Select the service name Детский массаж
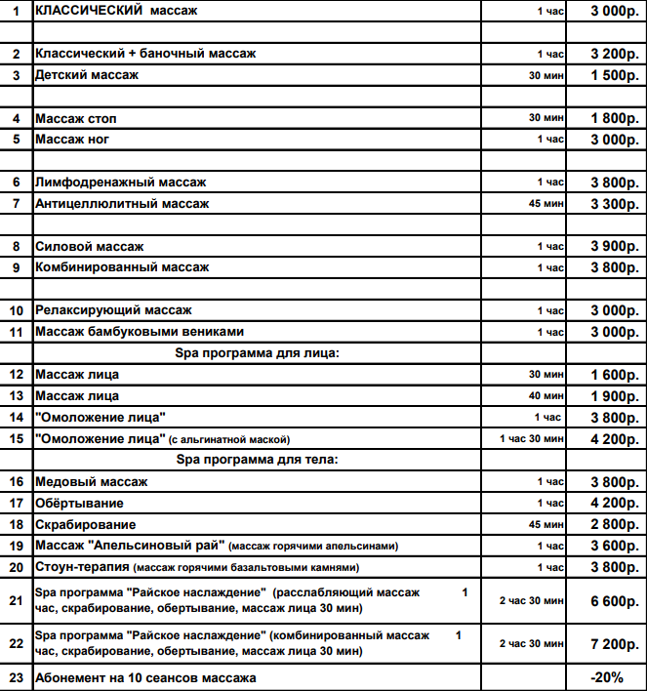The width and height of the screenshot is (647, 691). coord(87,75)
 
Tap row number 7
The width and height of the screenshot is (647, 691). coord(16,204)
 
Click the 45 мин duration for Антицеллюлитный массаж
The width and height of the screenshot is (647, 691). coord(546,205)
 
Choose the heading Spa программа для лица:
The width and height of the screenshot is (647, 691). coord(257,353)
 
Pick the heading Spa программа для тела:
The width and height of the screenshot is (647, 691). coord(257,460)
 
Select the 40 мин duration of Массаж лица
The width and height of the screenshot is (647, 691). coord(546,396)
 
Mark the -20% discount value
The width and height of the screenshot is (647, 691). coord(607,677)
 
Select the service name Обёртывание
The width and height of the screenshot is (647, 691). coord(79,503)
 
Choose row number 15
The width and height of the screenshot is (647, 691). coord(16,439)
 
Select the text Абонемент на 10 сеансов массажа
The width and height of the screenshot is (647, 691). coord(145,677)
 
